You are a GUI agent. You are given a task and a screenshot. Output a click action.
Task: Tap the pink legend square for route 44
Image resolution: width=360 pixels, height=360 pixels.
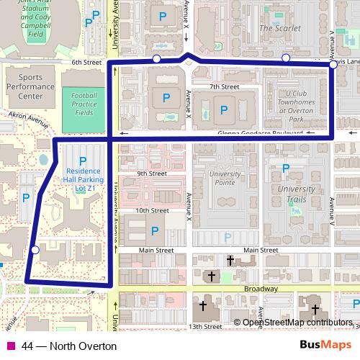pyautogui.click(x=10, y=346)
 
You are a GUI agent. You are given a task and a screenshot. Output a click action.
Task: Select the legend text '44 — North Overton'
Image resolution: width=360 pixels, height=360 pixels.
pyautogui.click(x=69, y=346)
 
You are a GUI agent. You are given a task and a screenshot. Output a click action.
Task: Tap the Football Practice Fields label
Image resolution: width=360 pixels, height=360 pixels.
pyautogui.click(x=84, y=104)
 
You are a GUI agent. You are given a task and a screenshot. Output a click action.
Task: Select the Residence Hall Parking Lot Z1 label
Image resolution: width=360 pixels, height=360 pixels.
pyautogui.click(x=81, y=179)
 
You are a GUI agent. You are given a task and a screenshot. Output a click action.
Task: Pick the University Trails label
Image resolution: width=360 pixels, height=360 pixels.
pyautogui.click(x=297, y=194)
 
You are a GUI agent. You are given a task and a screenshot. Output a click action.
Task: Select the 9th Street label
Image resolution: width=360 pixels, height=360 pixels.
pyautogui.click(x=152, y=174)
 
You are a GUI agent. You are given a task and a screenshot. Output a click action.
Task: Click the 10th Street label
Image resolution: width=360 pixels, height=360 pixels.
pyautogui.click(x=152, y=211)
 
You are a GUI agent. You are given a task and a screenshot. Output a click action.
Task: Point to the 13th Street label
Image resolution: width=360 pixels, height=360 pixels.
pyautogui.click(x=206, y=326)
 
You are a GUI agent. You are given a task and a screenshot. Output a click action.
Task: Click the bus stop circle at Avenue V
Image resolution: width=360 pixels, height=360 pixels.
pyautogui.click(x=333, y=65)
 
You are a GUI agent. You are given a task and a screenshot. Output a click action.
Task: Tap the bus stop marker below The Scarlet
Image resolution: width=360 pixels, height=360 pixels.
pyautogui.click(x=286, y=58)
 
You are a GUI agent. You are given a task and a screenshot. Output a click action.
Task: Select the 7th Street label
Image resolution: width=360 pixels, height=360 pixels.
pyautogui.click(x=224, y=87)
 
